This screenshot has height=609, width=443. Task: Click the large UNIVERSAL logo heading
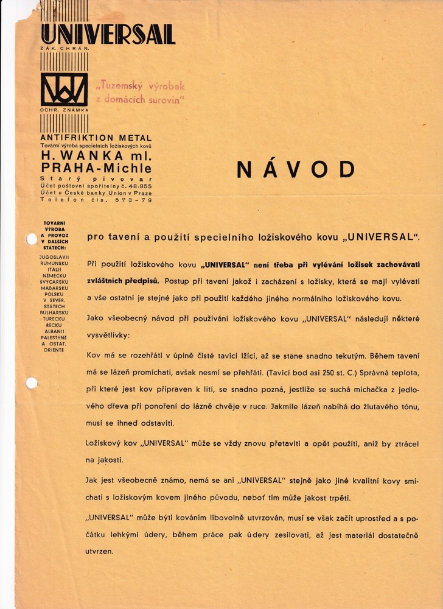click(x=107, y=34)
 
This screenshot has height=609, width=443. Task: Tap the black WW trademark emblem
click(x=64, y=89)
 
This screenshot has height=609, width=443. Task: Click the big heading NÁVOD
click(x=295, y=170)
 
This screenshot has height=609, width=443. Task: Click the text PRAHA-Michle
click(x=96, y=167)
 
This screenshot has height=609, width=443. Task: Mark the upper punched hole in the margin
click(x=32, y=239)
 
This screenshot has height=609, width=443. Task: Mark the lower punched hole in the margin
click(x=31, y=382)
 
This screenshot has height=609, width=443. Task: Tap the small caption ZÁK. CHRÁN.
click(x=65, y=47)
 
